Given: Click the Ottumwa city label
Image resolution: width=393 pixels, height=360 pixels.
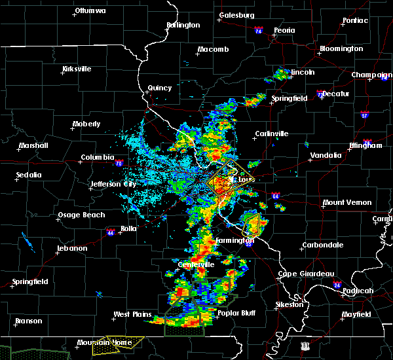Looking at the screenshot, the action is point(90,11).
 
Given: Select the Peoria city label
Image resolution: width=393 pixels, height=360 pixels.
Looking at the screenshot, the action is point(284,31).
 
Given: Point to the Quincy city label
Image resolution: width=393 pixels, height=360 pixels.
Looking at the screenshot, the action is point(160,88).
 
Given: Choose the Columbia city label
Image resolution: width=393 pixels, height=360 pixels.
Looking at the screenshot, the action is point(97,158).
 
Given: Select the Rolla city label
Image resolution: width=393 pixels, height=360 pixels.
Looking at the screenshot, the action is point(128,228).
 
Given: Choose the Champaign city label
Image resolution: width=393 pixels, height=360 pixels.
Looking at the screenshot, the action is point(371,75).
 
